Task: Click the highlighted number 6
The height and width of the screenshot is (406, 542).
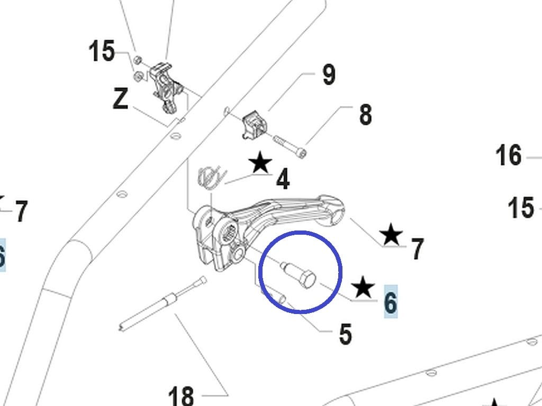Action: point(390,303)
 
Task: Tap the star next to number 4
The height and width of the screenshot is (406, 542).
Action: point(260,163)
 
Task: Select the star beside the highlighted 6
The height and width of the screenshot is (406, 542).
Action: point(364,288)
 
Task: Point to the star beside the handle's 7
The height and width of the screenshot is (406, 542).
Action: point(391,235)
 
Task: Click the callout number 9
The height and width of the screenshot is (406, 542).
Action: point(329,75)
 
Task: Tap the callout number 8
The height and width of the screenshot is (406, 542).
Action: point(365,115)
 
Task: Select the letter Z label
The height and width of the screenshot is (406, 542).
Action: point(121,99)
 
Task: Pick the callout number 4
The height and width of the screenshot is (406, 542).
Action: point(283,180)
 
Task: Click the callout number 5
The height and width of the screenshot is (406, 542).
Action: point(345,334)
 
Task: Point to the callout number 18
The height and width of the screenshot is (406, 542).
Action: point(181,395)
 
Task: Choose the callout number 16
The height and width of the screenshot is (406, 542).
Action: point(509,156)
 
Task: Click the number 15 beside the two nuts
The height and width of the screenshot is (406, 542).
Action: point(102,52)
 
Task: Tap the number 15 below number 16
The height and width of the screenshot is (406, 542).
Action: point(521,208)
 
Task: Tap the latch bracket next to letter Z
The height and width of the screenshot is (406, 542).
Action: point(167,85)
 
